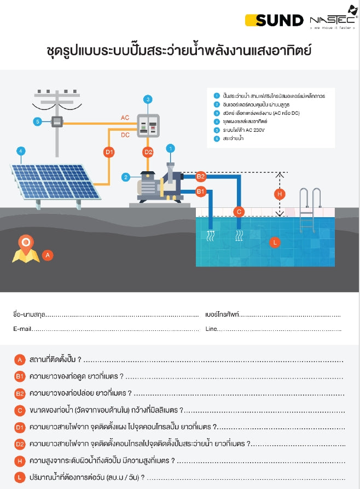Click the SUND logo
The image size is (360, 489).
pos(274,20)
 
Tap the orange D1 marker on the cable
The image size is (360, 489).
pos(109,152)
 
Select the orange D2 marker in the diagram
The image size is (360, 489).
pos(148,152)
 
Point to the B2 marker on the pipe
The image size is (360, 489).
pos(201,176)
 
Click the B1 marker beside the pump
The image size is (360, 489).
pos(201,191)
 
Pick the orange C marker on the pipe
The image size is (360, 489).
pos(239,211)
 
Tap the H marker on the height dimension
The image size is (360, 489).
pos(280,194)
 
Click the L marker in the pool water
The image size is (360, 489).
pos(275,241)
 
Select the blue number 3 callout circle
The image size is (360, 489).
pos(148,99)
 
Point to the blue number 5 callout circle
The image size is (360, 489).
pos(37,121)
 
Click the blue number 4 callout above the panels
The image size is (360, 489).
pos(20,150)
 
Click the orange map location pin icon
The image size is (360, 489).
pos(25,249)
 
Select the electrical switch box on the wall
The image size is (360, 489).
pos(148,126)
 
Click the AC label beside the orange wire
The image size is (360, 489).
pos(125,118)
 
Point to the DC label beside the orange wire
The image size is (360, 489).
pos(125,134)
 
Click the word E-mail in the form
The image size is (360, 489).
pos(22,329)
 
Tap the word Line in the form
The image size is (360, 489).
pos(211,329)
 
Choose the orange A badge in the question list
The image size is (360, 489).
pos(20,360)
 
